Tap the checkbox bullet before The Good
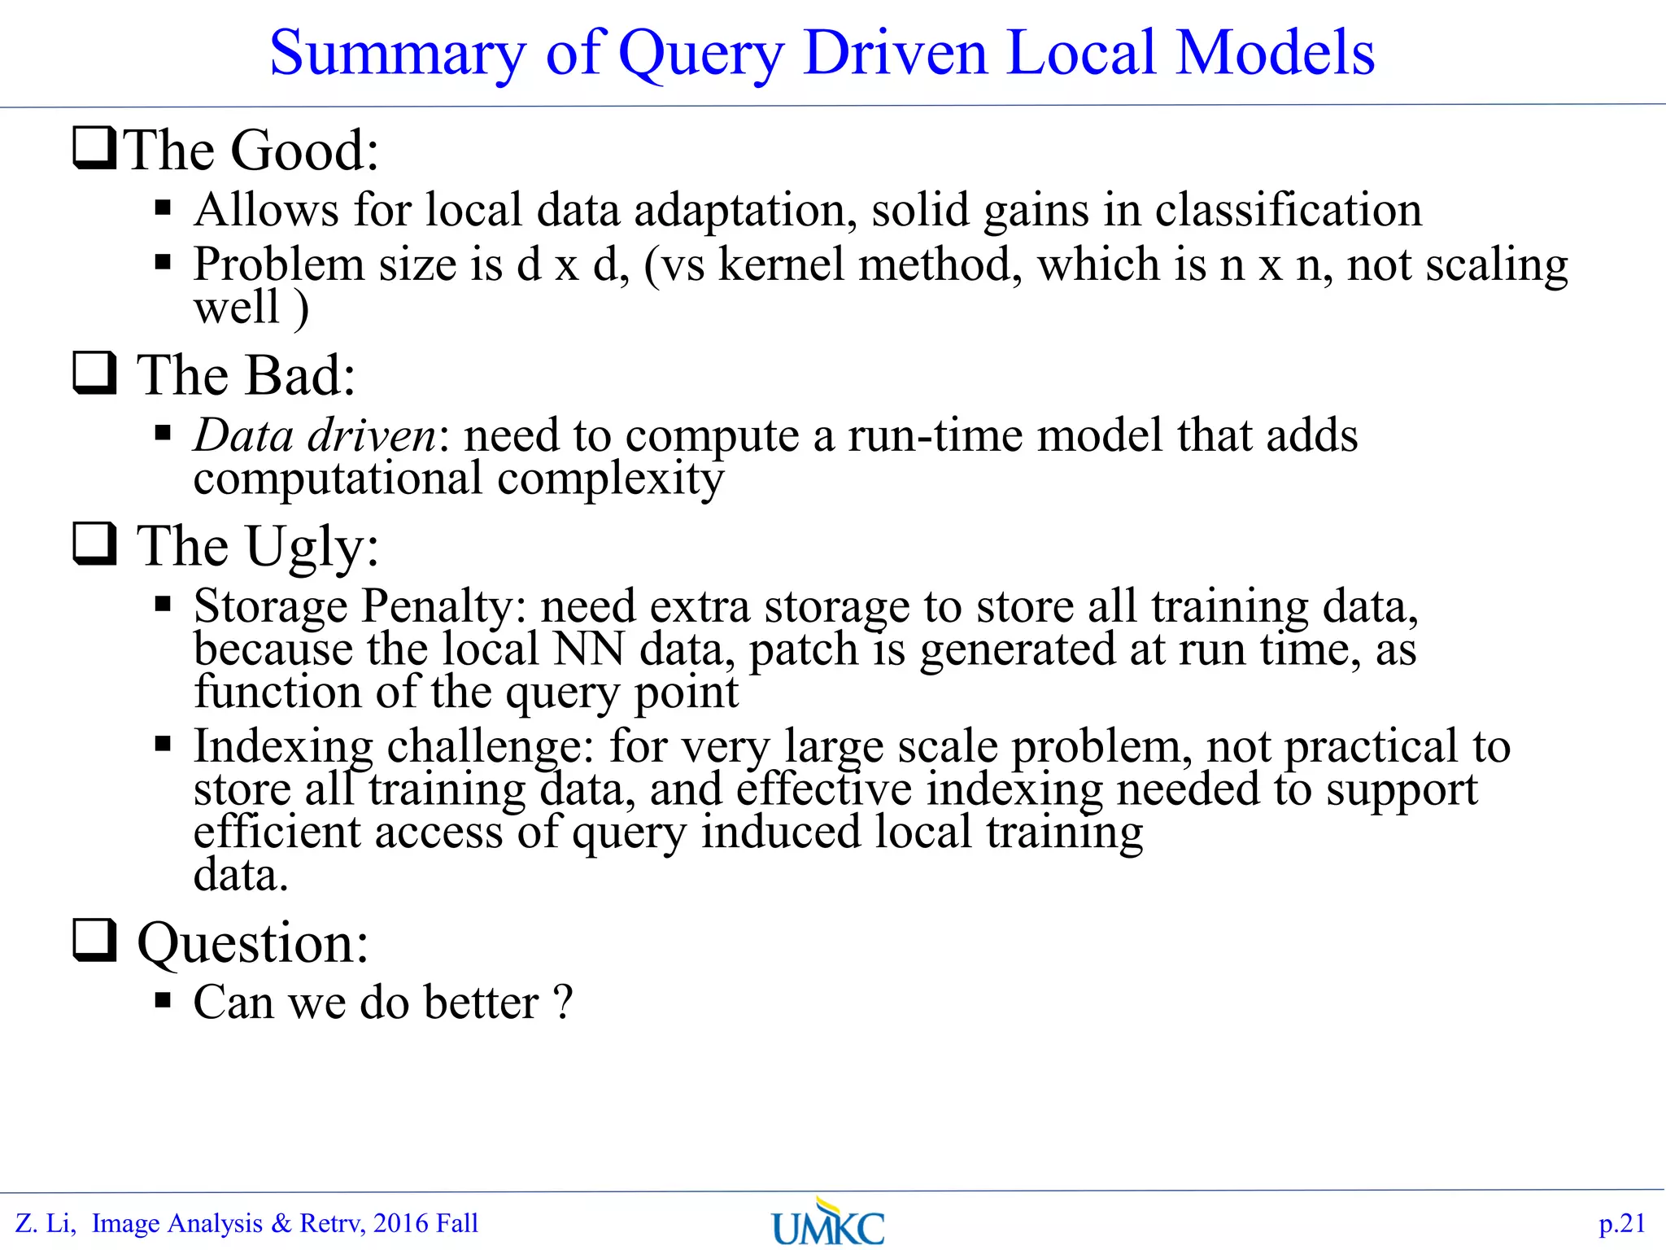click(x=94, y=147)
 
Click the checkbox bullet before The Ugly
click(x=94, y=543)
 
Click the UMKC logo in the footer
click(x=827, y=1222)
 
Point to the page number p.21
click(x=1621, y=1223)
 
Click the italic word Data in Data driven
click(x=243, y=435)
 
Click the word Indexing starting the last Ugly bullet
click(x=283, y=746)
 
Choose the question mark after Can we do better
click(x=563, y=1002)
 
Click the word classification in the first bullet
click(x=1288, y=210)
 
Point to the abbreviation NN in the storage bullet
click(x=589, y=649)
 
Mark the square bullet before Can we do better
click(x=163, y=1000)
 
